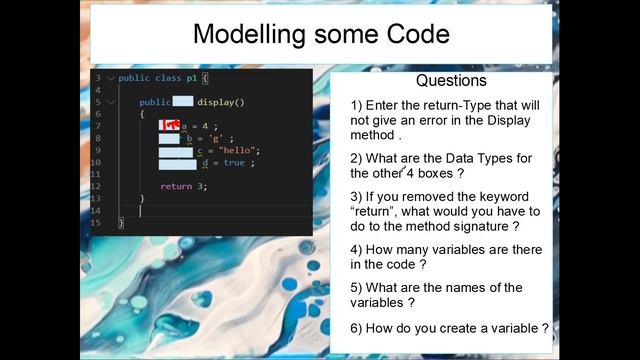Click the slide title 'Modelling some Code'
point(320,34)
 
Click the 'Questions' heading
point(451,81)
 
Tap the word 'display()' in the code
point(221,102)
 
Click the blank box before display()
point(183,102)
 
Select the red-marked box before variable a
point(170,126)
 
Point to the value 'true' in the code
point(234,162)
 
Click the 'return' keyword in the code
point(176,186)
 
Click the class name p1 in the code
point(191,78)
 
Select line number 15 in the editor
point(96,222)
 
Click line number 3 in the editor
point(98,78)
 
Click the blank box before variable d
point(178,162)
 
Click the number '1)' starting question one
point(357,105)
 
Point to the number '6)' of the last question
point(357,327)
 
